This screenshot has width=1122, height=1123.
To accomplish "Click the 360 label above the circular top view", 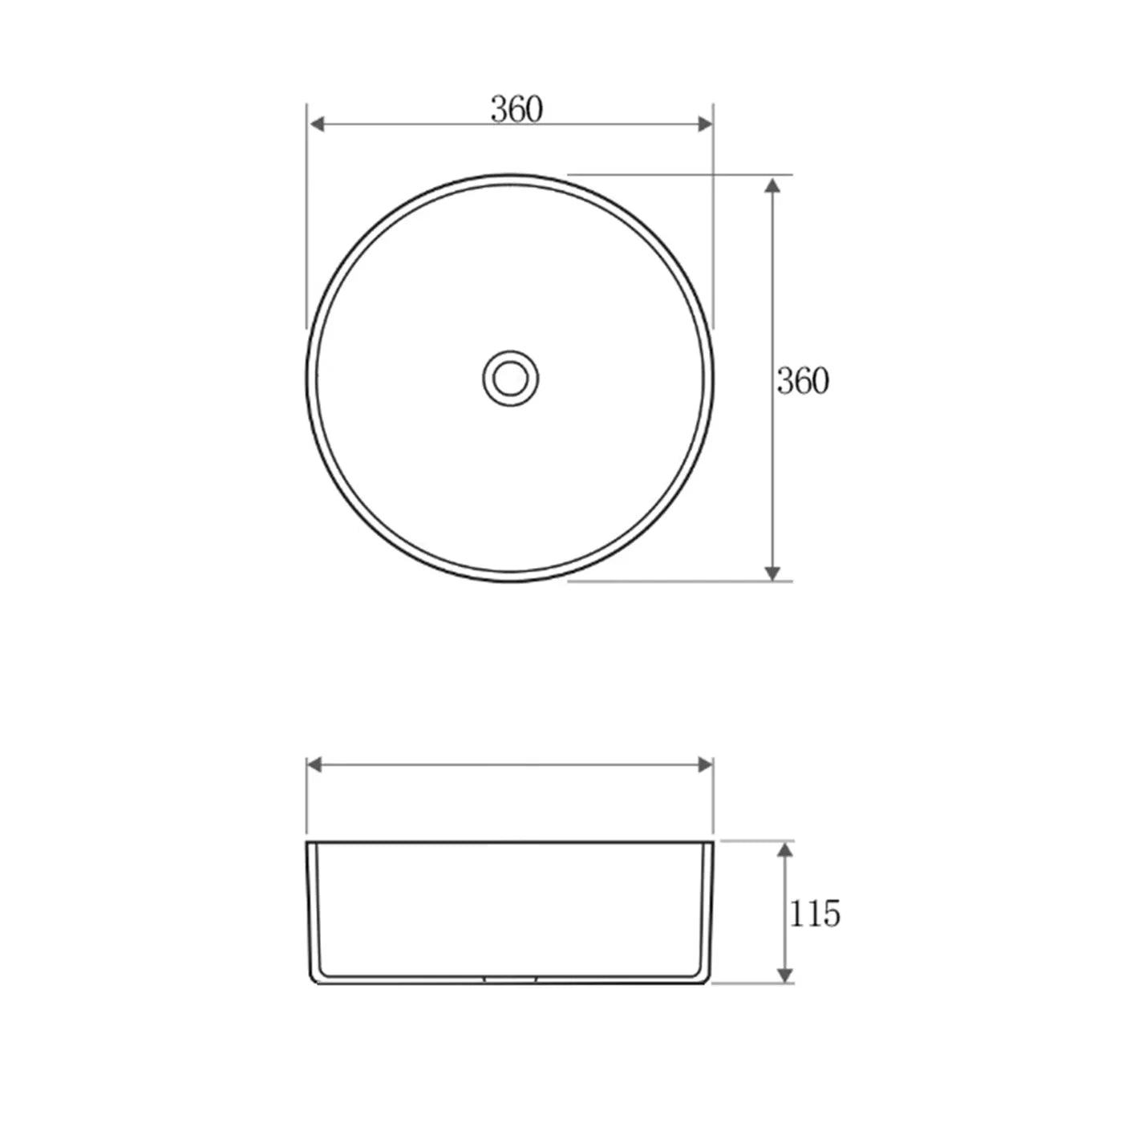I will (516, 109).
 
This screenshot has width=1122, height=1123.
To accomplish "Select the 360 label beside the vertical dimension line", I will (802, 381).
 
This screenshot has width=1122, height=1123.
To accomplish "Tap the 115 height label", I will (814, 914).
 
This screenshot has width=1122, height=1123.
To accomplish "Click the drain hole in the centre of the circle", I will (510, 378).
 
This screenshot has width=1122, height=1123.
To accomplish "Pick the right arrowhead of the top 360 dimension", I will (705, 124).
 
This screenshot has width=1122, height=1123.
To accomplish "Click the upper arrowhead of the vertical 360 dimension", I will (772, 186).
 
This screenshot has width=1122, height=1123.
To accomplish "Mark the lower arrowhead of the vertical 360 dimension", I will (772, 572).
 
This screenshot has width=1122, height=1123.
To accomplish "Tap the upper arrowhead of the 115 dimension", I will (785, 849).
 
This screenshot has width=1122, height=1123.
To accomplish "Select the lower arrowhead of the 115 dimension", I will (785, 975).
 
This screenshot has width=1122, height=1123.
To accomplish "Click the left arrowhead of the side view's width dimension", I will (315, 764).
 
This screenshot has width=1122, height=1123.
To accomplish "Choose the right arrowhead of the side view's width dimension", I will (705, 764).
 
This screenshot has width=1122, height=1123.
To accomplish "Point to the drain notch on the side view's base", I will (510, 979).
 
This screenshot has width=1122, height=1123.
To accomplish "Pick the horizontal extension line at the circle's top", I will (682, 174).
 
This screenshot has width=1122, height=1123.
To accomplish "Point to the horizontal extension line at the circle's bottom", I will (682, 581).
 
